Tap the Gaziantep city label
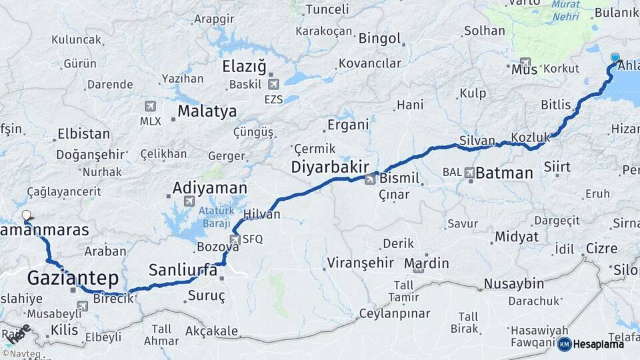pyautogui.click(x=73, y=277)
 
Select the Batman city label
pyautogui.click(x=504, y=173)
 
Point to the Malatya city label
pyautogui.click(x=207, y=111)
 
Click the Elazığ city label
pyautogui.click(x=244, y=67)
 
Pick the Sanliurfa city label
pyautogui.click(x=183, y=270)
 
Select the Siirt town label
pyautogui.click(x=557, y=166)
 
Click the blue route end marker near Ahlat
pyautogui.click(x=615, y=58)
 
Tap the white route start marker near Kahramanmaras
pyautogui.click(x=27, y=215)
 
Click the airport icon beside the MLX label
pyautogui.click(x=150, y=107)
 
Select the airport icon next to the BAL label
pyautogui.click(x=471, y=172)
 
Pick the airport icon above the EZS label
pyautogui.click(x=273, y=85)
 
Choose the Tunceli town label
pyautogui.click(x=327, y=9)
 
